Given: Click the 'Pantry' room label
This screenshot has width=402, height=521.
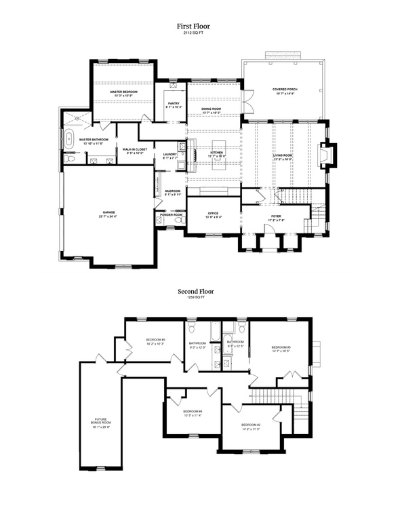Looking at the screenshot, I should tap(174, 104).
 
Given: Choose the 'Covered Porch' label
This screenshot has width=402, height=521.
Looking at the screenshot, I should tap(285, 90).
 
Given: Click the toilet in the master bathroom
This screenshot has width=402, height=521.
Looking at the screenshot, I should tap(71, 159).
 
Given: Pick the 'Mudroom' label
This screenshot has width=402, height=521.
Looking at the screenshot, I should tap(173, 191).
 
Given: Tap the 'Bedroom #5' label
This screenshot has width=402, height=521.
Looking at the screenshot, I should tap(155, 341).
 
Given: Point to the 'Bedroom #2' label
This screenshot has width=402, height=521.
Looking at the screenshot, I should tap(250, 426).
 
